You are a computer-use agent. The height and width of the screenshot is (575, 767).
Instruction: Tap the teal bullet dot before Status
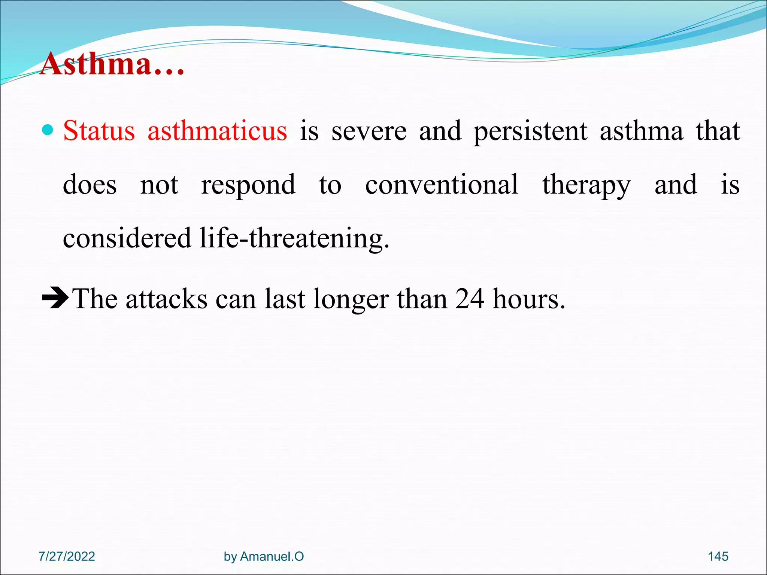pos(48,130)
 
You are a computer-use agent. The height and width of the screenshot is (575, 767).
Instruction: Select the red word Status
pos(99,131)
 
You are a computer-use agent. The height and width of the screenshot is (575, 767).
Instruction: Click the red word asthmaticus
pos(217,131)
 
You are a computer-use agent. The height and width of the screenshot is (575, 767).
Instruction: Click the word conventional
pos(442,185)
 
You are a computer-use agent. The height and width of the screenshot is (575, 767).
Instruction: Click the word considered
pos(127,238)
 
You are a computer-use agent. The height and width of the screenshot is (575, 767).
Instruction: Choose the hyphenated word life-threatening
pos(294,238)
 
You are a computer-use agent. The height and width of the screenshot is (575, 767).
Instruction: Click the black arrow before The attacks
pos(55,298)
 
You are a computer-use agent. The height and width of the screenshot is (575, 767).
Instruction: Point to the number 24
pos(470,299)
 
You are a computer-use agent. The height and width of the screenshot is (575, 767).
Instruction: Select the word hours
pos(528,299)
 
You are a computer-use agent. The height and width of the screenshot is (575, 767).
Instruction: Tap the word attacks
pos(166,299)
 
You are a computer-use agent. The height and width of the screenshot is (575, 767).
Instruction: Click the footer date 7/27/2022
pos(67,556)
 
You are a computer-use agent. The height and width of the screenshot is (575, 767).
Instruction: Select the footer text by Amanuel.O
pos(264,556)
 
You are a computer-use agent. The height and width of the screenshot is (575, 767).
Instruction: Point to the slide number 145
pos(718,556)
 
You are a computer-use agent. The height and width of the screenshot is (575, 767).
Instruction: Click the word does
pos(90,185)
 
